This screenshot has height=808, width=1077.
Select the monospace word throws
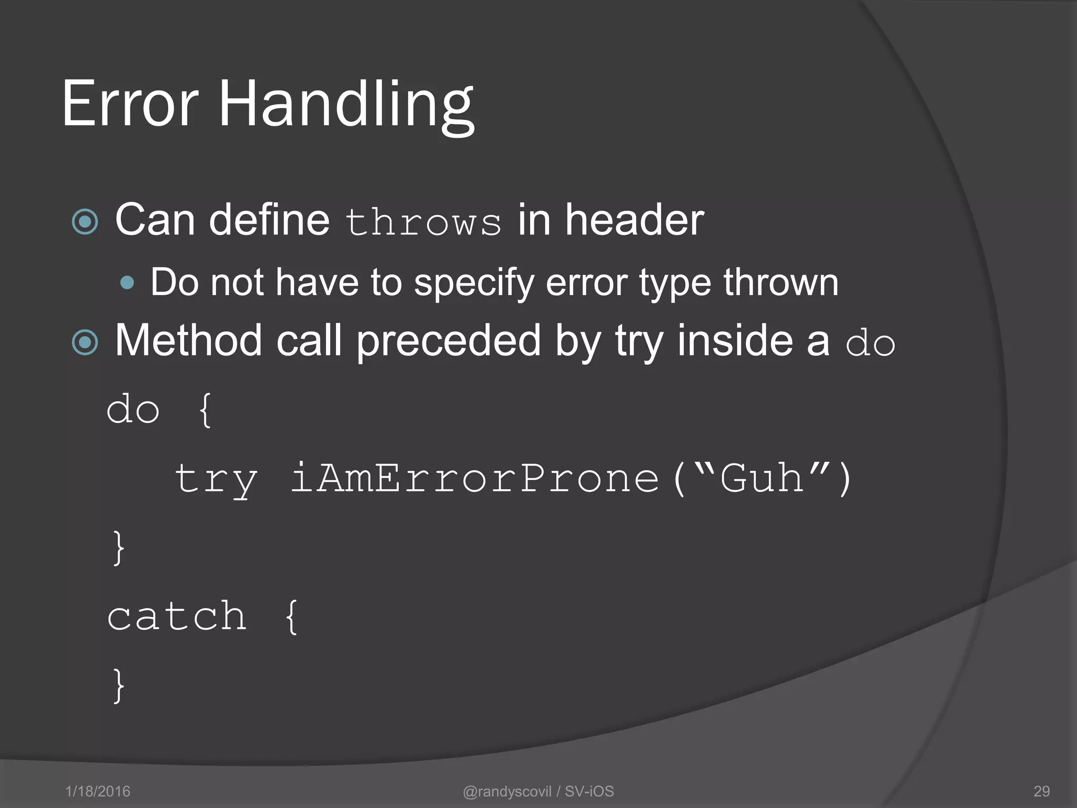pos(423,222)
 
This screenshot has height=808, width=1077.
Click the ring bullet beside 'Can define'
pos(85,221)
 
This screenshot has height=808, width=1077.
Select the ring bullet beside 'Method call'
pos(85,342)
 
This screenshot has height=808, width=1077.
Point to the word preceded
pos(449,340)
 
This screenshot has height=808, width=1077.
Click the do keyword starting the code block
pos(133,410)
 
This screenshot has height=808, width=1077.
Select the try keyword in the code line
pos(216,479)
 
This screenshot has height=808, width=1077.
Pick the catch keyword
pos(177,617)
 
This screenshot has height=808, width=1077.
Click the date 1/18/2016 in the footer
pos(98,791)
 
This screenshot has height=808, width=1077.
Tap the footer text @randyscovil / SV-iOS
pos(538,791)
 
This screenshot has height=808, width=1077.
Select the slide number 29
pos(1041,791)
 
